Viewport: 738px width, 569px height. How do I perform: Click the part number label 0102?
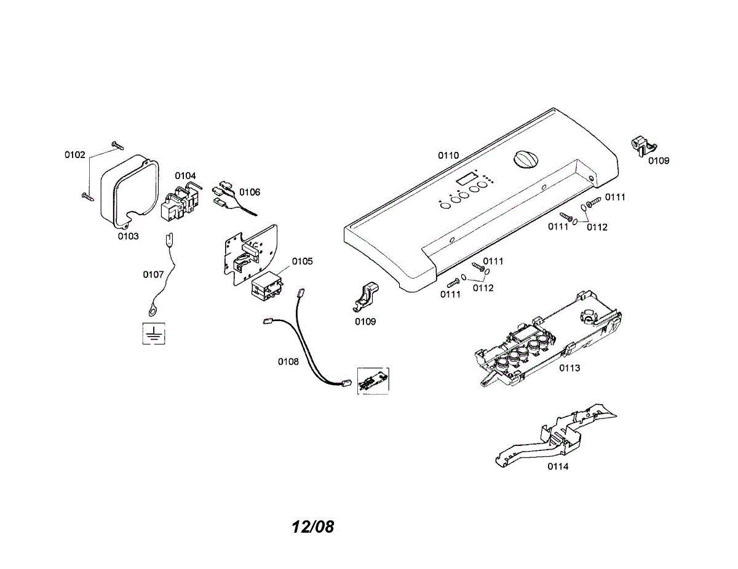(x=75, y=155)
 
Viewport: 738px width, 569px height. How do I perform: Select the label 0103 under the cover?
(x=129, y=236)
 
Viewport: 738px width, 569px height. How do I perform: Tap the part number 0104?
(x=185, y=176)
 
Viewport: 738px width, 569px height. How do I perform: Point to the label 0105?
(x=302, y=261)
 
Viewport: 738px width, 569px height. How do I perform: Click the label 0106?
(x=250, y=192)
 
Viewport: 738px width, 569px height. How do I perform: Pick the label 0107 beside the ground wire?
(x=153, y=274)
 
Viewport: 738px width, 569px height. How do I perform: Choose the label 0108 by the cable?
(x=288, y=362)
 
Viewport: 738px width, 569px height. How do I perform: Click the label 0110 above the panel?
(x=448, y=155)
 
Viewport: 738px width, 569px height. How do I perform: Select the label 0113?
(x=569, y=368)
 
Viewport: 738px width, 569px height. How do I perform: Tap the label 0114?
(x=558, y=466)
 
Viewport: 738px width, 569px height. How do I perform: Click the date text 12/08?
(x=312, y=527)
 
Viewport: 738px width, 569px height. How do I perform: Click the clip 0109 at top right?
(x=643, y=146)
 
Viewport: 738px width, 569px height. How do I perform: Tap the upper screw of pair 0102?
(x=117, y=145)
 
